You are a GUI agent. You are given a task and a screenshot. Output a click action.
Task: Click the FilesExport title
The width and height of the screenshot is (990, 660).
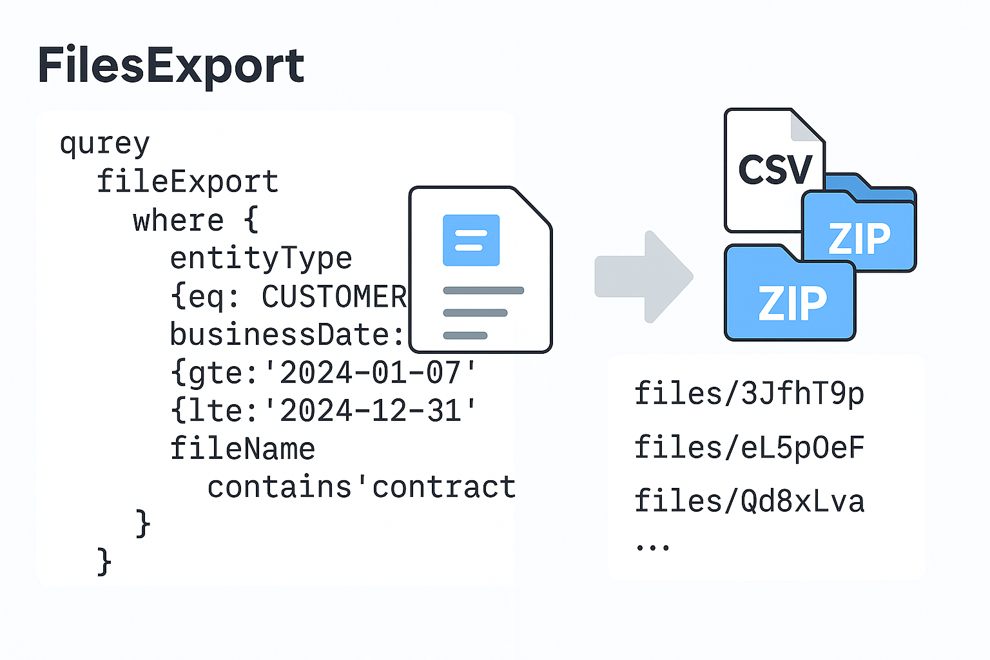171,66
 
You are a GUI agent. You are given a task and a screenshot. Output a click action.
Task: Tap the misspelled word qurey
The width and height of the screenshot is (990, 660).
104,143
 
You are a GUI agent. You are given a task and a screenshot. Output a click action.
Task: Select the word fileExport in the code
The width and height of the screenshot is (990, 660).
187,182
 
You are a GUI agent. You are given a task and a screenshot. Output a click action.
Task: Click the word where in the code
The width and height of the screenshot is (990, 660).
178,220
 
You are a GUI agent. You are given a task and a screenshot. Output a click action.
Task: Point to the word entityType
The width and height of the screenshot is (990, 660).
261,258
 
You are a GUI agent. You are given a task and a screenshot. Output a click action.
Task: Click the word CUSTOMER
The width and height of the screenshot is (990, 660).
334,297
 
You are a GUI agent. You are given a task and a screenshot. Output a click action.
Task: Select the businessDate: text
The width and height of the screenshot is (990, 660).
287,335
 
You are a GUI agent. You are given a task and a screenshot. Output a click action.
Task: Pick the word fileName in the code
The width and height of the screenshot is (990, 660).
242,449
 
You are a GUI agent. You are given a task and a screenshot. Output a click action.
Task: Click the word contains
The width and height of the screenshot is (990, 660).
279,487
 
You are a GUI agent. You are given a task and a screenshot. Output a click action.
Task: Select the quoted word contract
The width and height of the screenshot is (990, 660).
444,487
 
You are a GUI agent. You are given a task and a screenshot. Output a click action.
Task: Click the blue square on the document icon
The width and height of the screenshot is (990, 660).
471,240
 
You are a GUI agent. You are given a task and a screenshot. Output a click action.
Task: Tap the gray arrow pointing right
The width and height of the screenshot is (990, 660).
644,277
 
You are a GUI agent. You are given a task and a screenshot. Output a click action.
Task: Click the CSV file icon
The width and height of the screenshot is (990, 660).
773,169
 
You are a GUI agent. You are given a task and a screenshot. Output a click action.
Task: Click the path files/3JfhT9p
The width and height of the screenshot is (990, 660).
749,393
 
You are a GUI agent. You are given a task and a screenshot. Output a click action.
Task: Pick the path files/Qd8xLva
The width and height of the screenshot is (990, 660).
749,501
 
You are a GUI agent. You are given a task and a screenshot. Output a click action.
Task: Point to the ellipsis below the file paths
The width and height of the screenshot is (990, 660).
652,547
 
